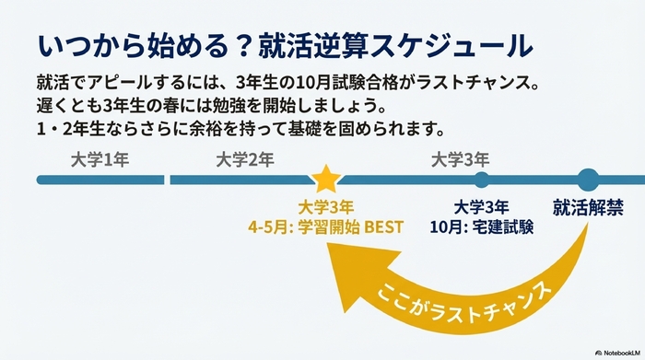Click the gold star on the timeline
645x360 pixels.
[x=323, y=179]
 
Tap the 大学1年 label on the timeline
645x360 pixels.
[x=100, y=159]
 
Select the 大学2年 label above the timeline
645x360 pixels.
[x=245, y=159]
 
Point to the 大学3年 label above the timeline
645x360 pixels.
[x=460, y=159]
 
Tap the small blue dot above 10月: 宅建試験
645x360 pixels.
[x=481, y=179]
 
